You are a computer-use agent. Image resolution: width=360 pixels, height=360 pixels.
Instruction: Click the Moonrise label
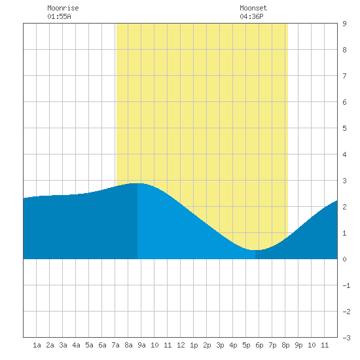(x=63, y=8)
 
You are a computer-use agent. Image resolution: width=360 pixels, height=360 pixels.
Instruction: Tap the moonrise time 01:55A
(x=59, y=16)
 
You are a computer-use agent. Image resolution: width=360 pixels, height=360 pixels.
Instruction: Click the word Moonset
(x=253, y=8)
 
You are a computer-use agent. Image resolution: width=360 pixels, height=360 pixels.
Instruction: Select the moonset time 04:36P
(x=251, y=16)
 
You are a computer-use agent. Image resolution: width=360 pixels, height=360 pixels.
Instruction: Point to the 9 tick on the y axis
(x=344, y=24)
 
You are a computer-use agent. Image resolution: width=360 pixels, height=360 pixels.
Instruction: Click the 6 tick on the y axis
(x=344, y=102)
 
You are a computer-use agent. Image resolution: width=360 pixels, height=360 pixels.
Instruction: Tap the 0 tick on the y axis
(x=344, y=259)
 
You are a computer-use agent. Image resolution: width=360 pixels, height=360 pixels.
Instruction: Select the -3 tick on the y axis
(x=346, y=338)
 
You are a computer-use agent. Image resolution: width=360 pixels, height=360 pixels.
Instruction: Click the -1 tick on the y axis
(x=346, y=285)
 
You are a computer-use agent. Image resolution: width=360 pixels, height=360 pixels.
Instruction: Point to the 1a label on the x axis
(x=37, y=345)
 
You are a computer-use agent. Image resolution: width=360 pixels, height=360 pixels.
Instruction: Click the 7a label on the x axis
(x=115, y=345)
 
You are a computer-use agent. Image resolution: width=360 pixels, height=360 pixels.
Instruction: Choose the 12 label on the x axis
(x=181, y=345)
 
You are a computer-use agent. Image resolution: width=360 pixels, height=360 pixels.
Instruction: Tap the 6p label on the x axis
(x=259, y=345)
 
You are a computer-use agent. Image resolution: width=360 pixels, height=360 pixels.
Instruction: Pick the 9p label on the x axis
(x=298, y=345)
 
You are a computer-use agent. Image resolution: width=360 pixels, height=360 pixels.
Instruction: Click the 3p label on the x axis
(x=220, y=345)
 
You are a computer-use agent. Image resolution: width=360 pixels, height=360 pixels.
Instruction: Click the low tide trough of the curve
(x=255, y=250)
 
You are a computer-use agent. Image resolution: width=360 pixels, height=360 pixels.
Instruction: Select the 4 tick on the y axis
(x=344, y=154)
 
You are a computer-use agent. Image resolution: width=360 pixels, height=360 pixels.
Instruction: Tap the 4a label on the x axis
(x=76, y=345)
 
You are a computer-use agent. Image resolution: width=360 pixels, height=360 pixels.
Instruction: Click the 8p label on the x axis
(x=285, y=345)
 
